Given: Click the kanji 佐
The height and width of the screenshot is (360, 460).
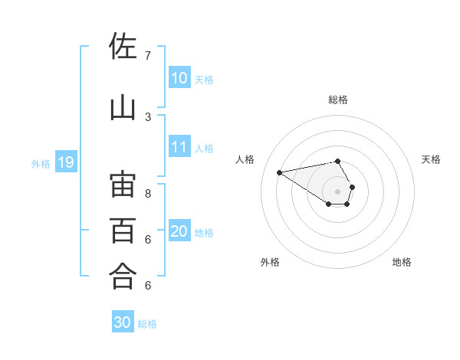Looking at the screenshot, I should (x=123, y=47).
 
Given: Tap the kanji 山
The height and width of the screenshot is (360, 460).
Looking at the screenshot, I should (x=123, y=107).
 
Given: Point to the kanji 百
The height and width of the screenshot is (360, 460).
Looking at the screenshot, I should (x=123, y=230).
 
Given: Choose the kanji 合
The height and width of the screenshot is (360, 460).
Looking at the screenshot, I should (x=123, y=276).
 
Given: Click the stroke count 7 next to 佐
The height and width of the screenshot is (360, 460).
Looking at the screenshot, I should (x=148, y=56).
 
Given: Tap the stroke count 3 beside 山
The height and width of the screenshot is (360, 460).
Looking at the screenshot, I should (x=148, y=116).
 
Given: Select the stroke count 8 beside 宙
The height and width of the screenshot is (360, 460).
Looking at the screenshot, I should (x=148, y=193).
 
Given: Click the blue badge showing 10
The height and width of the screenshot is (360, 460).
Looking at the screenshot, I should (x=179, y=78).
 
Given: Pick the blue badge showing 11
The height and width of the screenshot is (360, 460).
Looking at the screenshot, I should (x=179, y=147).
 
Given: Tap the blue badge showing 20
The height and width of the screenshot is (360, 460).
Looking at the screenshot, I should (x=179, y=231).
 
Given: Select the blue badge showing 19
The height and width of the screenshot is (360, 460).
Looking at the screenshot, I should (x=65, y=162).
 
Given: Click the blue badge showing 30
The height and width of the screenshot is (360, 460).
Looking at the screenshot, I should (x=123, y=322).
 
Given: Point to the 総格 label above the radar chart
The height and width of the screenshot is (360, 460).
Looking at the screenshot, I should (x=338, y=100).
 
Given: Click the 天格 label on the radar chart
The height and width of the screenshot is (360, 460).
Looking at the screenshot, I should (x=431, y=159).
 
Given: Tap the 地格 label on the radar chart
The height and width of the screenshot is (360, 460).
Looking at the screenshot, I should (x=402, y=262).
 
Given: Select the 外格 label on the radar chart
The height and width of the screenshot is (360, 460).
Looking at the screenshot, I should (x=270, y=262).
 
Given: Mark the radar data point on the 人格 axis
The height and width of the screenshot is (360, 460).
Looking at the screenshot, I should (x=279, y=172).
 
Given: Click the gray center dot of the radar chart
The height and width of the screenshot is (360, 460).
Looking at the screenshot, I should (x=338, y=191).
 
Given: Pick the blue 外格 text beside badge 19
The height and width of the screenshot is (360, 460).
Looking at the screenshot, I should (x=41, y=163).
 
